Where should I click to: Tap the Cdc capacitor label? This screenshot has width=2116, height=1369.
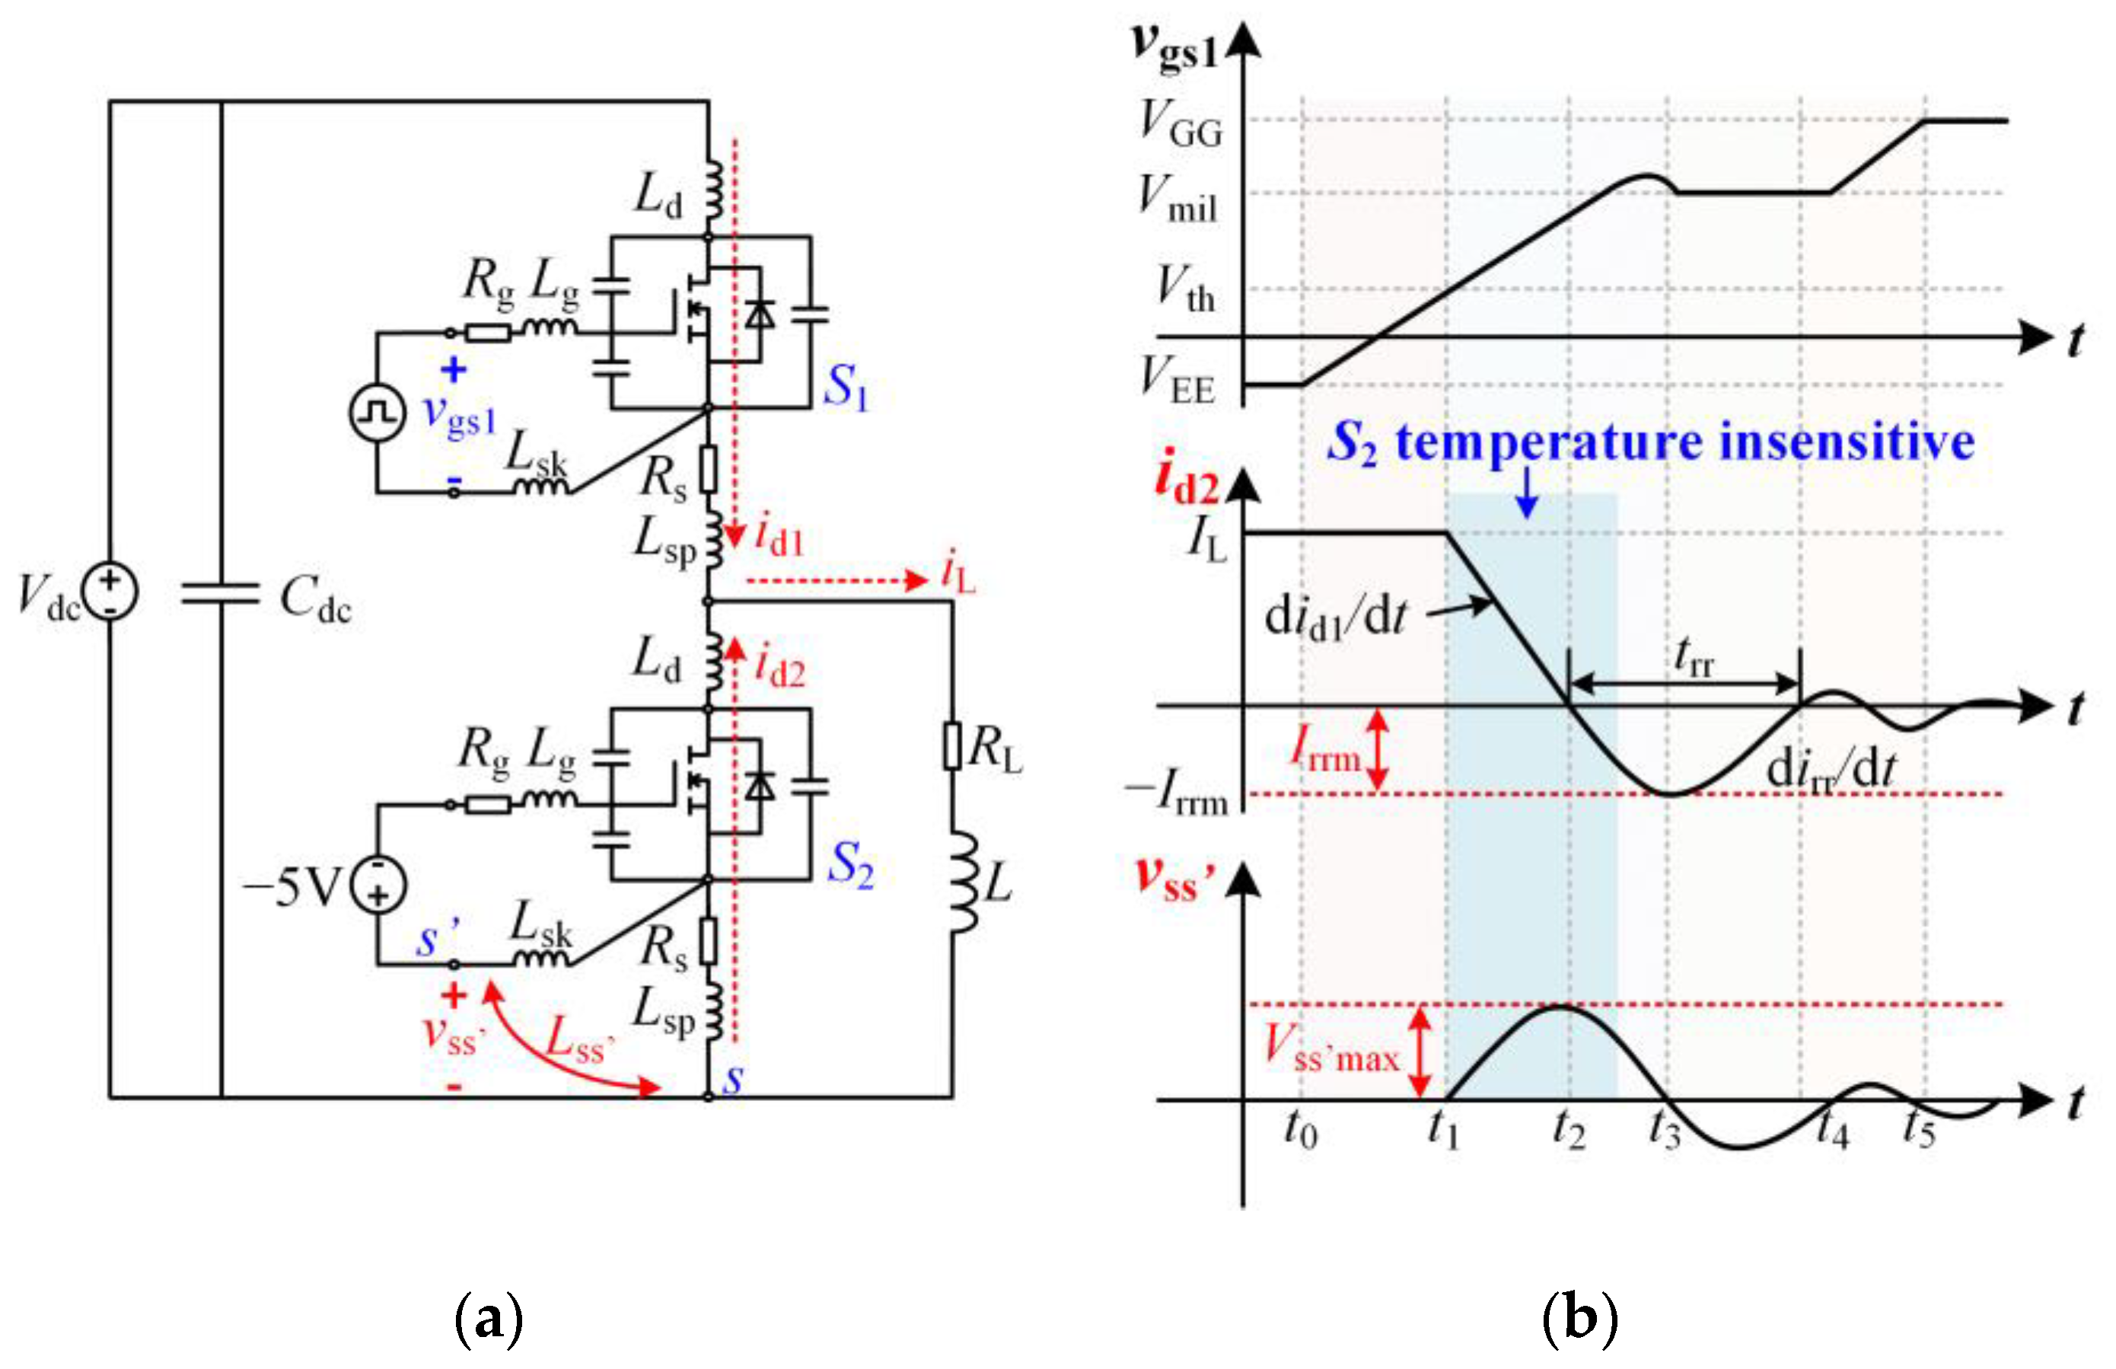click(x=315, y=598)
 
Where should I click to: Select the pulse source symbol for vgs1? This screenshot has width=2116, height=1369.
click(x=377, y=413)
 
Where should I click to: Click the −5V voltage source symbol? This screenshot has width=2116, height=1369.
click(x=378, y=886)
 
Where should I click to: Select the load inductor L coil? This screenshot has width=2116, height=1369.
click(x=961, y=882)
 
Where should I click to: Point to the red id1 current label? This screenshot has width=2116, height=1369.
click(x=779, y=536)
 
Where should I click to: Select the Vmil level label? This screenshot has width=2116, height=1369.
click(x=1178, y=197)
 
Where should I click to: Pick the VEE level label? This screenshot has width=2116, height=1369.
click(x=1178, y=380)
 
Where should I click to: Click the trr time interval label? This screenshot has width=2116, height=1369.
click(x=1693, y=658)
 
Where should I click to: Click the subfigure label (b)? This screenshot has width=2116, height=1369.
click(x=1579, y=1318)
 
